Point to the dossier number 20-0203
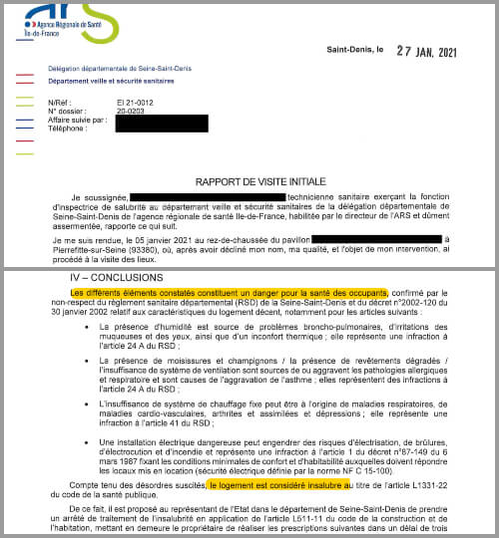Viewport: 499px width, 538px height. [130, 111]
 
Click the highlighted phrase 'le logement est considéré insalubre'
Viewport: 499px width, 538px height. [280, 484]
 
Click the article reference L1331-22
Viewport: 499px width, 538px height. [423, 485]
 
